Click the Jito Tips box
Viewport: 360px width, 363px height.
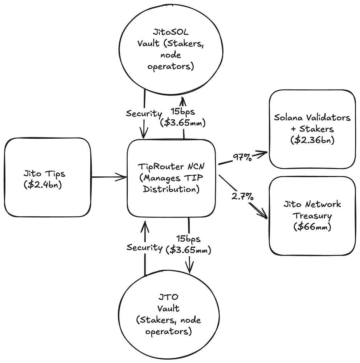click(47, 178)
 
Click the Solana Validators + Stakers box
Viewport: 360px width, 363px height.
click(312, 129)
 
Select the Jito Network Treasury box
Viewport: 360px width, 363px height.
click(312, 216)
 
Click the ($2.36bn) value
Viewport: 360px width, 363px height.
click(312, 140)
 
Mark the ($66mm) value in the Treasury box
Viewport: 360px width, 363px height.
click(312, 227)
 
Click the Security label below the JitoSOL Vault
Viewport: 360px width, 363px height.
click(144, 113)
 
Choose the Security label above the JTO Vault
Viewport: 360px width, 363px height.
click(144, 248)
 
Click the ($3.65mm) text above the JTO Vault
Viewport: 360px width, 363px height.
click(188, 250)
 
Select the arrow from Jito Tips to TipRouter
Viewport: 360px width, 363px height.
click(109, 178)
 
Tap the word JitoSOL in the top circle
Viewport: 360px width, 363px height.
click(164, 33)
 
